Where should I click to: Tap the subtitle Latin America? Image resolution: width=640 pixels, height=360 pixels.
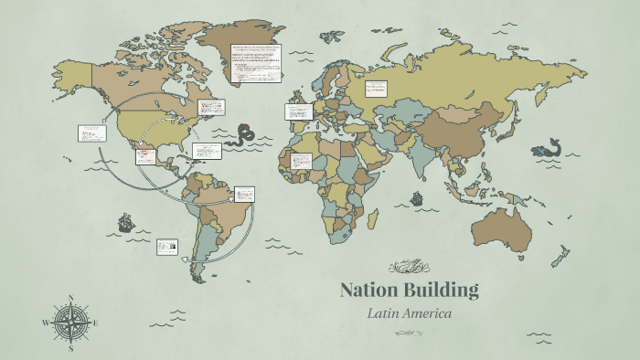[410, 313]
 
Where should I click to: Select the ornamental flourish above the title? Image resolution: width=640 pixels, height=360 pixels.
[409, 267]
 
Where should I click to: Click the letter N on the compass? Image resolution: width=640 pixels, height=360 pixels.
[70, 298]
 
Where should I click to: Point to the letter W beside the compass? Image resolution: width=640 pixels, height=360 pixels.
[45, 323]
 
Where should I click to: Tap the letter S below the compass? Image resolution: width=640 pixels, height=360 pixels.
[70, 347]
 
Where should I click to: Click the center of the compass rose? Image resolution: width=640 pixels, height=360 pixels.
[70, 323]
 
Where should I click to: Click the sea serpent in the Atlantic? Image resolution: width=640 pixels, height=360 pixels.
[245, 134]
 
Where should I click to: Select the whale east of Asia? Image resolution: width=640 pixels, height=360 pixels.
[550, 146]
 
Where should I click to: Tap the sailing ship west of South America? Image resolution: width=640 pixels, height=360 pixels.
[124, 222]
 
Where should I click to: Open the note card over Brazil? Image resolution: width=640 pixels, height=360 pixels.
[244, 194]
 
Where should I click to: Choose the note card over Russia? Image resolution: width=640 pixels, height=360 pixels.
[376, 89]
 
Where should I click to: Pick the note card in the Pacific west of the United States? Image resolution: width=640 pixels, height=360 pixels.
[91, 133]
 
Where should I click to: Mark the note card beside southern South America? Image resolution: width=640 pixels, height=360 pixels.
[167, 246]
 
